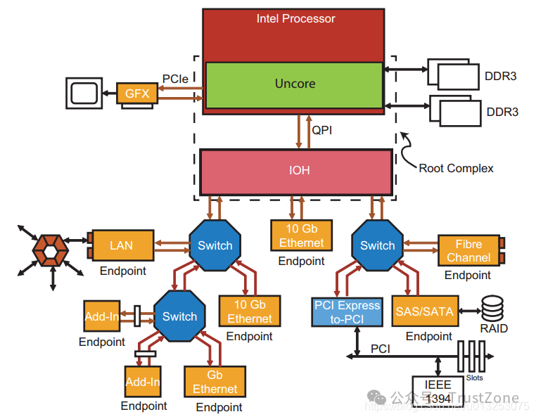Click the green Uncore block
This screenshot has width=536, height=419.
pos(294,84)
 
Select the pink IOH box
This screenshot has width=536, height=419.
pos(295,171)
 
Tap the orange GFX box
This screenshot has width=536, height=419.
pos(137,94)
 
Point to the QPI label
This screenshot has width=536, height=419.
pos(322,130)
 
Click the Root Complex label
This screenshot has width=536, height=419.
pos(456,168)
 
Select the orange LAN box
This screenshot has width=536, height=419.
pos(122,245)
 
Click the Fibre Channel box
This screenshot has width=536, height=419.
pos(468,250)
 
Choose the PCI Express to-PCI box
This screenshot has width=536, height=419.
pos(347,312)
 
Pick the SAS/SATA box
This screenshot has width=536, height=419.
pos(425,311)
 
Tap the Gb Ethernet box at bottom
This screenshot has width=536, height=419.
pos(215,382)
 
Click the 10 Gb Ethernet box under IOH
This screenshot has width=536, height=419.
pos(301,236)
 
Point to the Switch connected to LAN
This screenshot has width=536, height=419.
pos(215,245)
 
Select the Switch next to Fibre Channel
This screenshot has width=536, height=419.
pos(377,245)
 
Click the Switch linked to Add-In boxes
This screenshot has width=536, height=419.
pos(179,316)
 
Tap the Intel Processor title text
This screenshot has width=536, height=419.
pos(295,18)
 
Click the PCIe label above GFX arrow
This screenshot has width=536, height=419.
pos(175,79)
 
